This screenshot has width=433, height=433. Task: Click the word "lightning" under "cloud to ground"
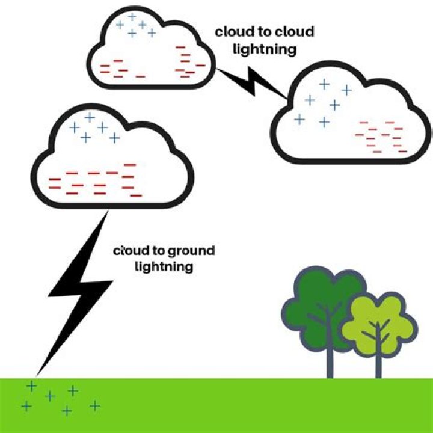pyautogui.click(x=164, y=266)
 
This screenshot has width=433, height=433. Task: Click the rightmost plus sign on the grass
pyautogui.click(x=95, y=405)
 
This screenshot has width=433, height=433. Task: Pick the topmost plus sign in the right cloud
pyautogui.click(x=325, y=84)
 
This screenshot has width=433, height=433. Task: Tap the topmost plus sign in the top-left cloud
pyautogui.click(x=132, y=17)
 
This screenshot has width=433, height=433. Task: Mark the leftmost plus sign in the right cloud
pyautogui.click(x=299, y=119)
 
